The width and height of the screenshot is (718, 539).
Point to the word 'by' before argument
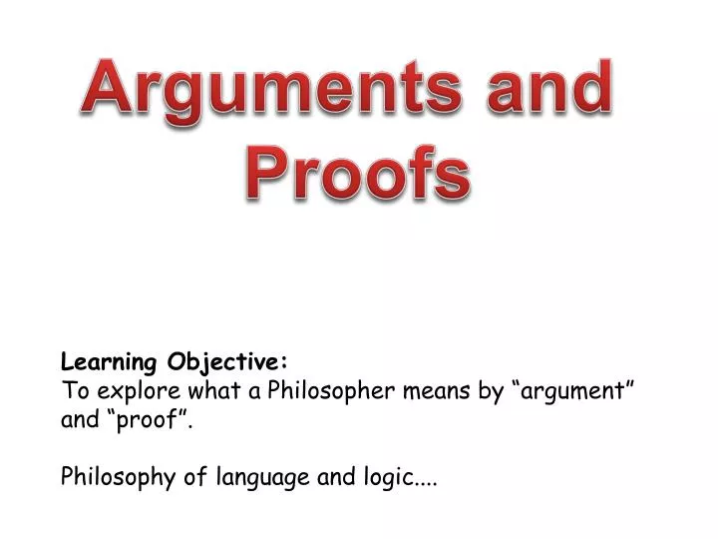[x=491, y=390]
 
